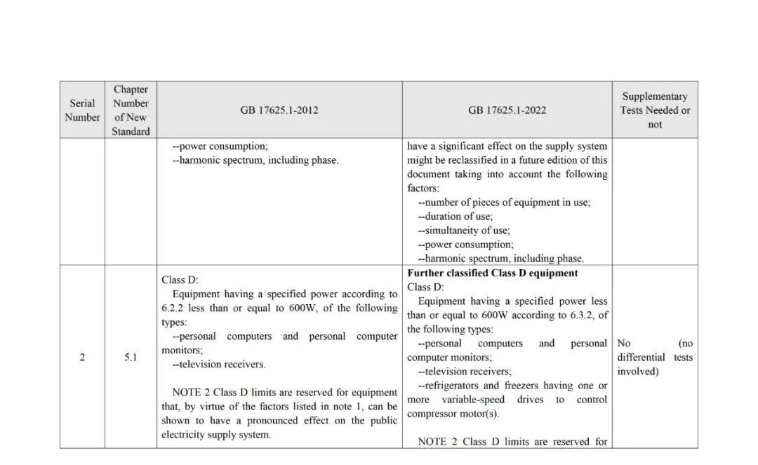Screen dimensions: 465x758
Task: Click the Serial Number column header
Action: [x=82, y=110]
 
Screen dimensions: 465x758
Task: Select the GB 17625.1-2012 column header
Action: [x=279, y=110]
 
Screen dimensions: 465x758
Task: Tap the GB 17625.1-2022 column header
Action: [x=507, y=110]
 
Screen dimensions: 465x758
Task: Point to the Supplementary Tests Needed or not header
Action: [x=655, y=110]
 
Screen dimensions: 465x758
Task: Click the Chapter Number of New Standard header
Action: [x=131, y=110]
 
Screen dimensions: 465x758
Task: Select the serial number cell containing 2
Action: [x=82, y=358]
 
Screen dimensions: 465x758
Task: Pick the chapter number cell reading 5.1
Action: [x=131, y=358]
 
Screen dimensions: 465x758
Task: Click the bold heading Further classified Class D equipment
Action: [x=493, y=273]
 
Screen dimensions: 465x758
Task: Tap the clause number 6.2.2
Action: [x=175, y=308]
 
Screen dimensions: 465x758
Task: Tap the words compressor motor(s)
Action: [x=453, y=414]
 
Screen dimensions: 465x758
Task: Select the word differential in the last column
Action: [x=641, y=358]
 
